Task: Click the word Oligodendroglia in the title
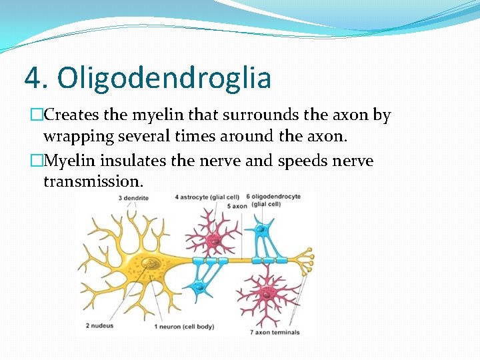point(164,78)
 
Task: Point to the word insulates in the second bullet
point(147,161)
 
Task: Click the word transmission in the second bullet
point(93,181)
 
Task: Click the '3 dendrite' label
point(133,197)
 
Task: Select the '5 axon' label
point(237,206)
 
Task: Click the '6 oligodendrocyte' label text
point(274,197)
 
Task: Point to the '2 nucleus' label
point(100,326)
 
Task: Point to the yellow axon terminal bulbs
point(307,260)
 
